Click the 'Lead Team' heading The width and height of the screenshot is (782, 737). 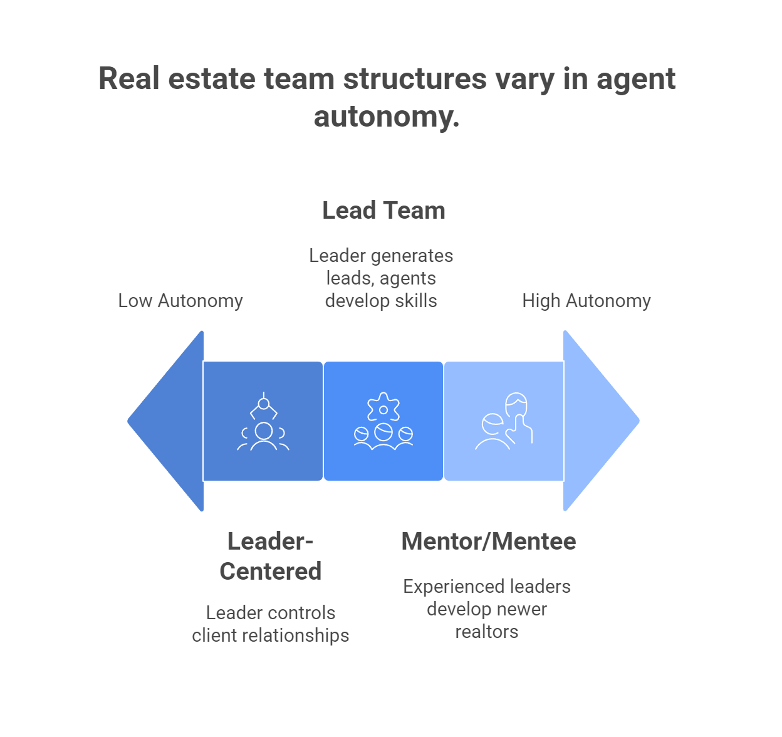click(x=383, y=211)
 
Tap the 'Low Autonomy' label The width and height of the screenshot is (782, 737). click(x=180, y=301)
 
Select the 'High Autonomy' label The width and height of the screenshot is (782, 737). click(x=586, y=301)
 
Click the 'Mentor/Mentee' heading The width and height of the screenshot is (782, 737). click(x=489, y=541)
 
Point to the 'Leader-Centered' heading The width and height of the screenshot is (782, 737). click(x=271, y=557)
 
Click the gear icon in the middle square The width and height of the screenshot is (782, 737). click(x=383, y=409)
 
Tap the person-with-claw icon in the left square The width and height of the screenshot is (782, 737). click(x=263, y=422)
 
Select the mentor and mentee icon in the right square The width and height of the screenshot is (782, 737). click(x=504, y=421)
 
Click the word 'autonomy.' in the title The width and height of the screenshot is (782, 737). click(x=387, y=117)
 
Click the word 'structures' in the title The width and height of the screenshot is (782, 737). click(x=415, y=79)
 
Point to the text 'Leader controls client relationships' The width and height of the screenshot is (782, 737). click(x=271, y=624)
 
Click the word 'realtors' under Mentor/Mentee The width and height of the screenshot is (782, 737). click(x=487, y=632)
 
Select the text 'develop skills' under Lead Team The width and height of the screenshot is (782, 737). click(x=381, y=301)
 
